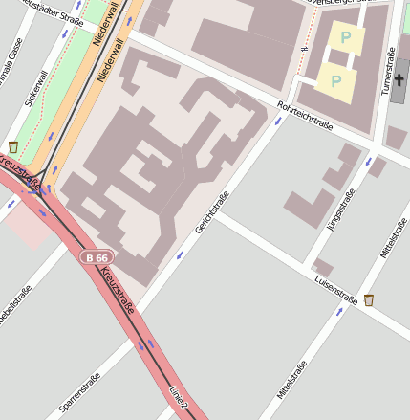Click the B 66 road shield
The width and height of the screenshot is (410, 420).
tap(97, 257)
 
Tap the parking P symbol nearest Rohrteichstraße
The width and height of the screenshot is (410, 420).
tap(335, 81)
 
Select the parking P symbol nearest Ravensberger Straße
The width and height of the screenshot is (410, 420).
tap(345, 38)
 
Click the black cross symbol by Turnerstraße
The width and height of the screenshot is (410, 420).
tap(399, 79)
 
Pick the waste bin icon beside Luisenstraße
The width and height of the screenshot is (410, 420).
tap(369, 300)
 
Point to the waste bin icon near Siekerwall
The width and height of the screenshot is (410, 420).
tap(13, 146)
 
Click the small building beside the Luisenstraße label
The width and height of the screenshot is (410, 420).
tap(322, 266)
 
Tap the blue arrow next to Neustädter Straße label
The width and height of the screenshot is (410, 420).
tap(65, 33)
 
